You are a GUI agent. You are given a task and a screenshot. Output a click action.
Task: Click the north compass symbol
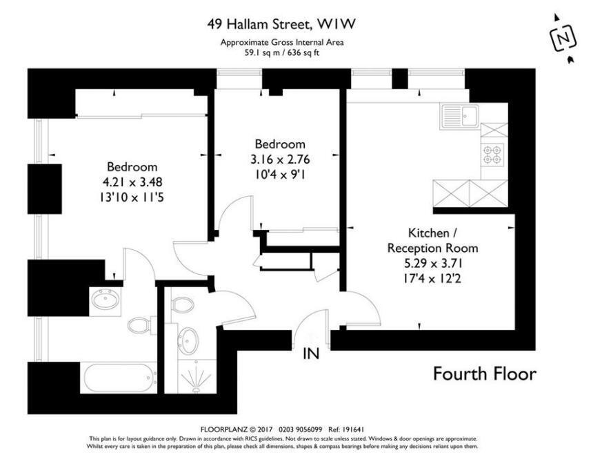pyautogui.click(x=564, y=38)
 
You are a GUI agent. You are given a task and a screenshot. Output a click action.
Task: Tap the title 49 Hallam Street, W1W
pyautogui.click(x=281, y=25)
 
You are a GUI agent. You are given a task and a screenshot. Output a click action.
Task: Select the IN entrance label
pyautogui.click(x=311, y=353)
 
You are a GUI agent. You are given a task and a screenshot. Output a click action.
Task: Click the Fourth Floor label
pyautogui.click(x=485, y=373)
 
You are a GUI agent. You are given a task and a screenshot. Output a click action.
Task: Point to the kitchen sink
pyautogui.click(x=459, y=117)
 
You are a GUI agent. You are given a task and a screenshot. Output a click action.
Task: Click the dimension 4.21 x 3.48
pyautogui.click(x=132, y=182)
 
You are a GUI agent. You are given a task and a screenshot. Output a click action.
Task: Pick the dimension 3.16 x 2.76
pyautogui.click(x=280, y=159)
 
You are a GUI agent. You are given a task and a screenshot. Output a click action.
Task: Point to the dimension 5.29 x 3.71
pyautogui.click(x=432, y=263)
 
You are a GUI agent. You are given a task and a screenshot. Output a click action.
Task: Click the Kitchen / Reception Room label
pyautogui.click(x=432, y=240)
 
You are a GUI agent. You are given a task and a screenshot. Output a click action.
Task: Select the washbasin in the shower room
pyautogui.click(x=188, y=340)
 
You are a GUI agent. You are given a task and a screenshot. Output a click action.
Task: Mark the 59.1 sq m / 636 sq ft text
pyautogui.click(x=282, y=53)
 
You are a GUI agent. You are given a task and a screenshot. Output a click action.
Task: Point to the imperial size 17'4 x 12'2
pyautogui.click(x=432, y=279)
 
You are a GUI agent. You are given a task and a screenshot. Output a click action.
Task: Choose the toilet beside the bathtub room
pyautogui.click(x=141, y=325)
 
